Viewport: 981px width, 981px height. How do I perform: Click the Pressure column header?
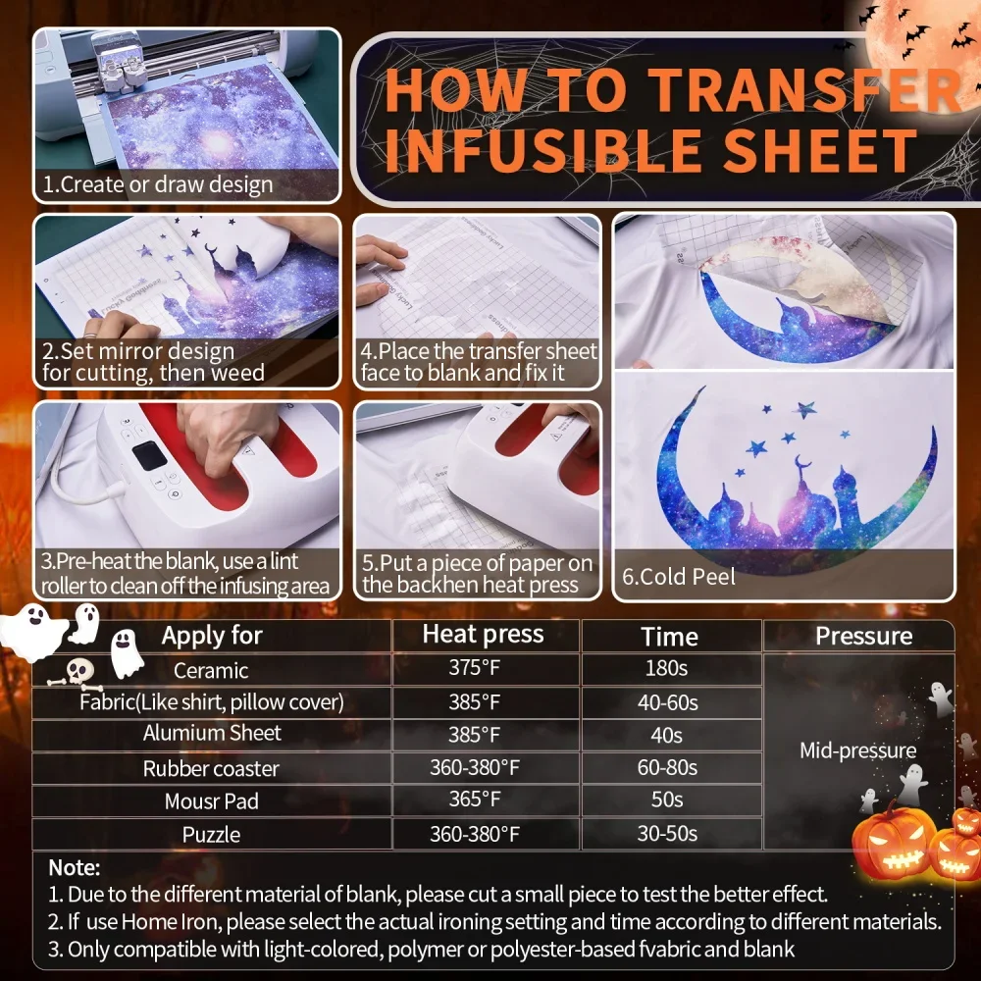click(x=863, y=636)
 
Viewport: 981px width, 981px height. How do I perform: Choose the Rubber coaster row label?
click(x=211, y=768)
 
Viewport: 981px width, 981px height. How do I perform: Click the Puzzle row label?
click(x=211, y=834)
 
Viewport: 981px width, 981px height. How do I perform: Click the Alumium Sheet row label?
click(x=212, y=734)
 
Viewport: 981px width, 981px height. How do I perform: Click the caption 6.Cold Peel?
click(x=679, y=577)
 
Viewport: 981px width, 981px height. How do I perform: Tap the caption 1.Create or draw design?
click(x=157, y=184)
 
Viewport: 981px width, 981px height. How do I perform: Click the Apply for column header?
click(x=212, y=636)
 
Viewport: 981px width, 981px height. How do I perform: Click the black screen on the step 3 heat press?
click(x=150, y=458)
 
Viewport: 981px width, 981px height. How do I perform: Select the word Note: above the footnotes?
click(x=75, y=867)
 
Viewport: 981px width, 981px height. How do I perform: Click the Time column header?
click(x=669, y=636)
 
